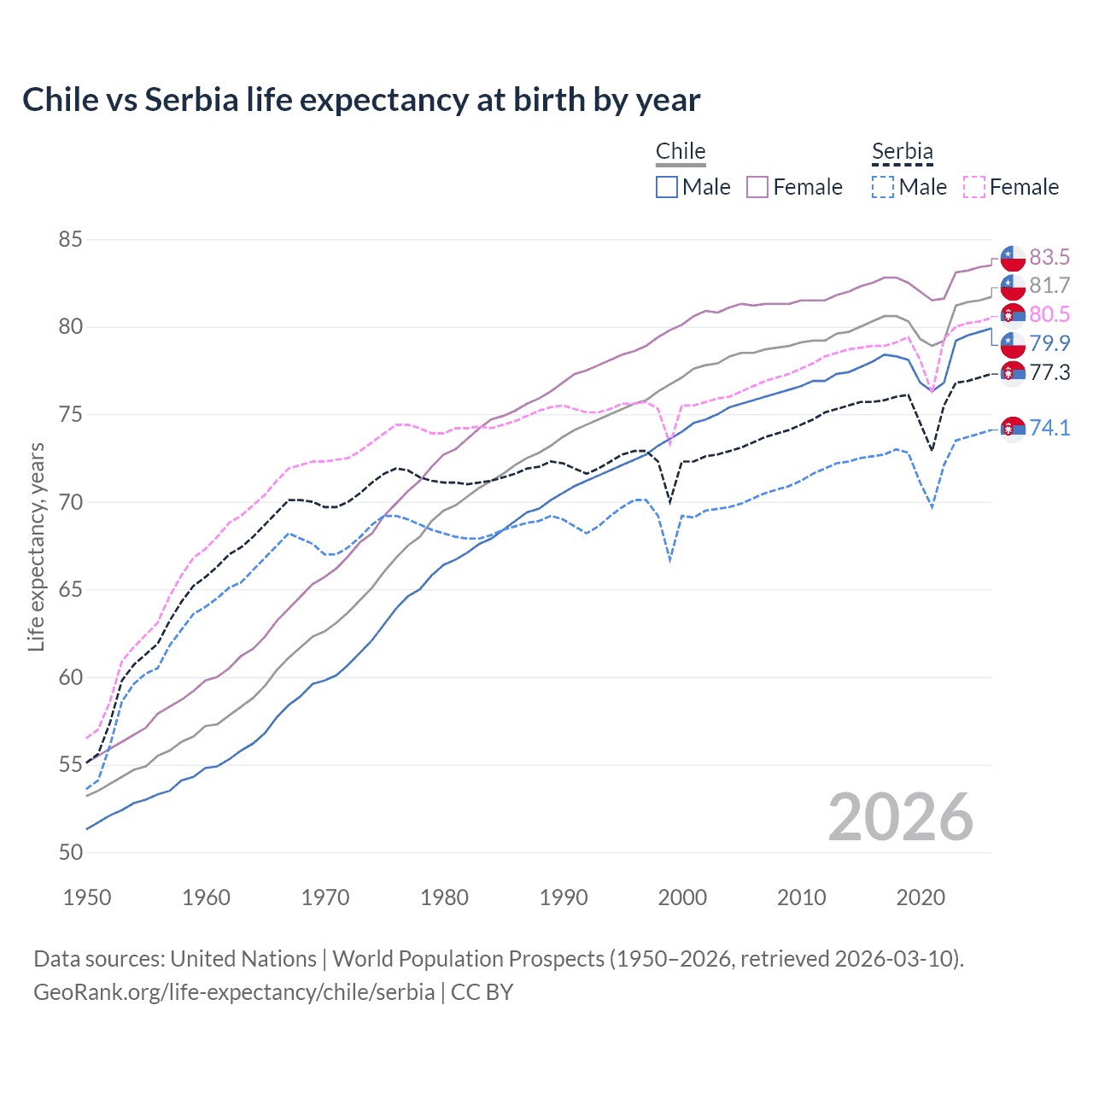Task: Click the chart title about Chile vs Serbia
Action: coord(361,100)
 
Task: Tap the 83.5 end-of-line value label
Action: coord(1049,257)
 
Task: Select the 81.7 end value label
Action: coord(1049,285)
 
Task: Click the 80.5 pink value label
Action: coord(1049,314)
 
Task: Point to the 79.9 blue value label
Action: coord(1049,343)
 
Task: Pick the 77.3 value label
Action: coord(1049,372)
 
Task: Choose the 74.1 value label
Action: coord(1049,427)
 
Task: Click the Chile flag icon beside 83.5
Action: coord(1013,258)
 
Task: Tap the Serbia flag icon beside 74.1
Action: coord(1013,428)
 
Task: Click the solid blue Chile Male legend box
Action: coord(667,187)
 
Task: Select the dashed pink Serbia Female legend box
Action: coord(974,187)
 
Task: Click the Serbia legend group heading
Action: coord(903,151)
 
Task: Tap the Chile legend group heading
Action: coord(681,151)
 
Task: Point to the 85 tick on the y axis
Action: coord(70,239)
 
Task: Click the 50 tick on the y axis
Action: coord(70,852)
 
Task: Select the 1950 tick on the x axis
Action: coord(87,897)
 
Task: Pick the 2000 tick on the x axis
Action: coord(682,897)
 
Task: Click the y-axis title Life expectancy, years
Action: coord(36,546)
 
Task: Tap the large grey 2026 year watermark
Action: coord(900,817)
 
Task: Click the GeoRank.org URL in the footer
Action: coord(234,992)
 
